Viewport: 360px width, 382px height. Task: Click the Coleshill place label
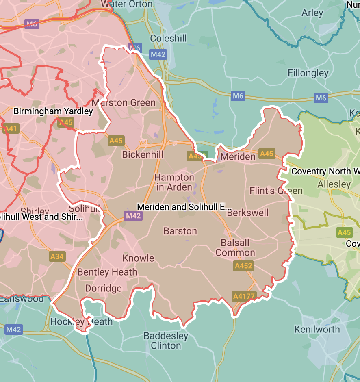[x=168, y=39]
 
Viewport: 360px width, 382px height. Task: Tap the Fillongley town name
[x=308, y=73]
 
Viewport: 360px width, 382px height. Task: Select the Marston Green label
[x=124, y=103]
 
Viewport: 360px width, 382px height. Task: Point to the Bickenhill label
[x=143, y=155]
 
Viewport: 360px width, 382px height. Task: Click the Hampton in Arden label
[x=174, y=182]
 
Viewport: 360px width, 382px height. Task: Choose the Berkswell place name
[x=247, y=213]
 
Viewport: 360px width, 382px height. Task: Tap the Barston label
[x=180, y=231]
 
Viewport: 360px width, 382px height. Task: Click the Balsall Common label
[x=235, y=248]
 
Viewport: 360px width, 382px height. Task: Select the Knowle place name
[x=138, y=258]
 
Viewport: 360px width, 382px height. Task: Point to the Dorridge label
[x=103, y=289]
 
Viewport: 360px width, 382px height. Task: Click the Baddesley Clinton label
[x=166, y=341]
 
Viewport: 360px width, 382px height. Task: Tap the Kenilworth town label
[x=317, y=329]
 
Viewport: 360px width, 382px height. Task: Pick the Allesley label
[x=334, y=184]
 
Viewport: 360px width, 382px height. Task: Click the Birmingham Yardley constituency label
[x=53, y=111]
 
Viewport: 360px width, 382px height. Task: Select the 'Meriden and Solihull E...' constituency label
[x=184, y=207]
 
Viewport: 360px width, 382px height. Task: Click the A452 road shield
[x=243, y=266]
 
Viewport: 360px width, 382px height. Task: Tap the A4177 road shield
[x=244, y=296]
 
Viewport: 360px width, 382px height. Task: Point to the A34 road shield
[x=57, y=256]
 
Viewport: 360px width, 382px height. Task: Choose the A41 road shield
[x=11, y=129]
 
